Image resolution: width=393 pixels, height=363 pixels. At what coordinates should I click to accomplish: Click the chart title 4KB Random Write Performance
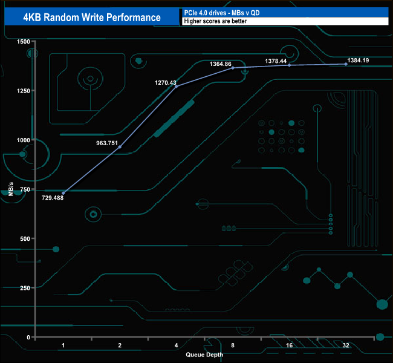click(88, 17)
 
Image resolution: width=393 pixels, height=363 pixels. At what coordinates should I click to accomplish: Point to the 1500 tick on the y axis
click(23, 42)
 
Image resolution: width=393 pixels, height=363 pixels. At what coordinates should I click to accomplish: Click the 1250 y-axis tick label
click(23, 91)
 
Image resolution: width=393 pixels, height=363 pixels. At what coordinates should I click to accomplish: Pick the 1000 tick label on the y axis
click(23, 140)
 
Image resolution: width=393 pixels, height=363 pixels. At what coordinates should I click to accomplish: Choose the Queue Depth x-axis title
click(204, 355)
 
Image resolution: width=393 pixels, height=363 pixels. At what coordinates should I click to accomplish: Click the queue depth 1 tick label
click(63, 345)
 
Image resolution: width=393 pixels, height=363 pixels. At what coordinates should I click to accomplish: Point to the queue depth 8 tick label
click(233, 345)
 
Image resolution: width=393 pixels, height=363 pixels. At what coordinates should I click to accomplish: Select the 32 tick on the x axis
click(346, 345)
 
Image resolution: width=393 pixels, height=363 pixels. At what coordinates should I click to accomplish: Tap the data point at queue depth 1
click(63, 193)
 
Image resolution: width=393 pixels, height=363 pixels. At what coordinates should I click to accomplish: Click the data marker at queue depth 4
click(177, 87)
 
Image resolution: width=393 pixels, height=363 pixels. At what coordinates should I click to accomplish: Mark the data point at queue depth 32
click(346, 64)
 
